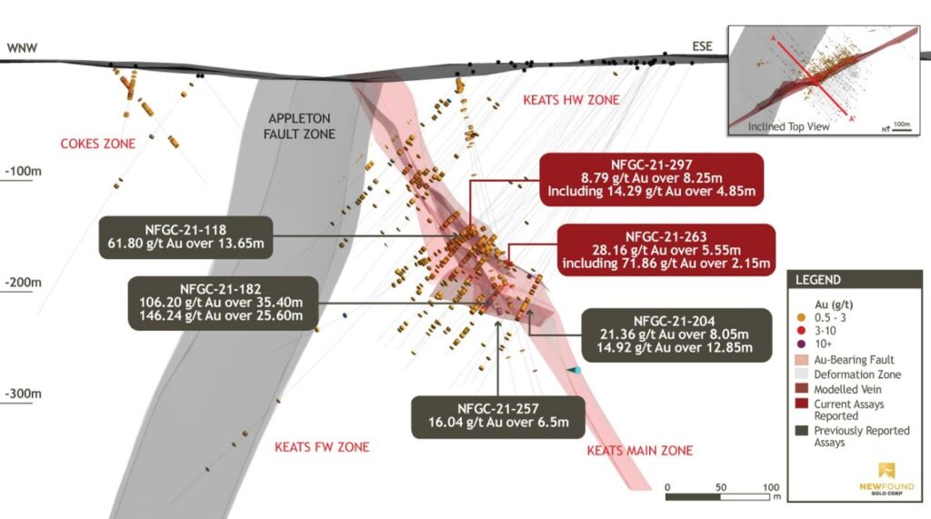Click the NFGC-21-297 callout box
pyautogui.click(x=650, y=178)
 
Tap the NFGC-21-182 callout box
pyautogui.click(x=222, y=303)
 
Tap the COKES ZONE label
pyautogui.click(x=97, y=144)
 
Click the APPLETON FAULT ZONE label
pyautogui.click(x=302, y=126)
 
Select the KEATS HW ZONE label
pyautogui.click(x=571, y=99)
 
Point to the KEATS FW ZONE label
pyautogui.click(x=322, y=447)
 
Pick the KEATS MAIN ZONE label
pyautogui.click(x=639, y=451)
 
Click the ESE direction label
pyautogui.click(x=702, y=45)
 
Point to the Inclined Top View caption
pyautogui.click(x=787, y=127)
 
